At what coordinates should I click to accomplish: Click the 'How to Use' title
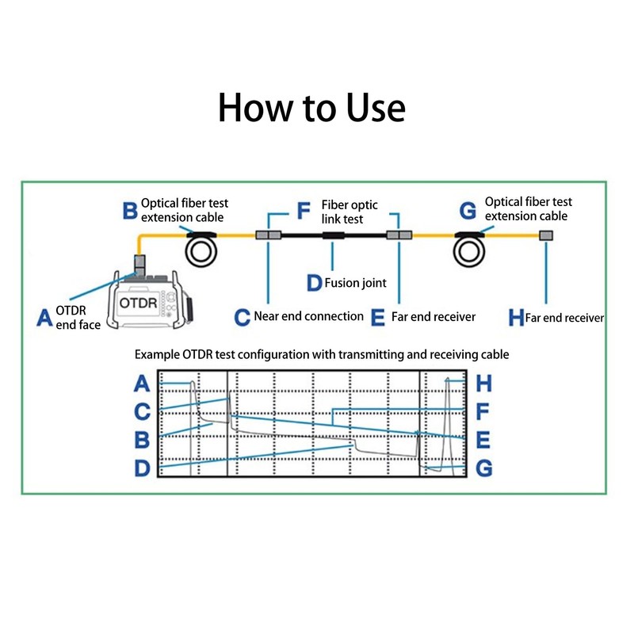311,108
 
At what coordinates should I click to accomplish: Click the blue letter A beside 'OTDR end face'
45,318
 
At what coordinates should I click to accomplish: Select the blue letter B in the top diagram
130,210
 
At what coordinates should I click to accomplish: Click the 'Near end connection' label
308,316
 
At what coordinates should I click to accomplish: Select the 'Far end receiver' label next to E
433,316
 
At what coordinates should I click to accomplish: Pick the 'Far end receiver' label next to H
565,318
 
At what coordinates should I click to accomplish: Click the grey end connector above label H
545,235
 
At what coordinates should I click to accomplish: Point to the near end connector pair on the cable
269,235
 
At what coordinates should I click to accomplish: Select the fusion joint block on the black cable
333,235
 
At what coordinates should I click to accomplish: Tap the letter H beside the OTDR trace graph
484,384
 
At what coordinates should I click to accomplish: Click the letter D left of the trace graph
142,468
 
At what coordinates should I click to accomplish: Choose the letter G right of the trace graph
484,468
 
